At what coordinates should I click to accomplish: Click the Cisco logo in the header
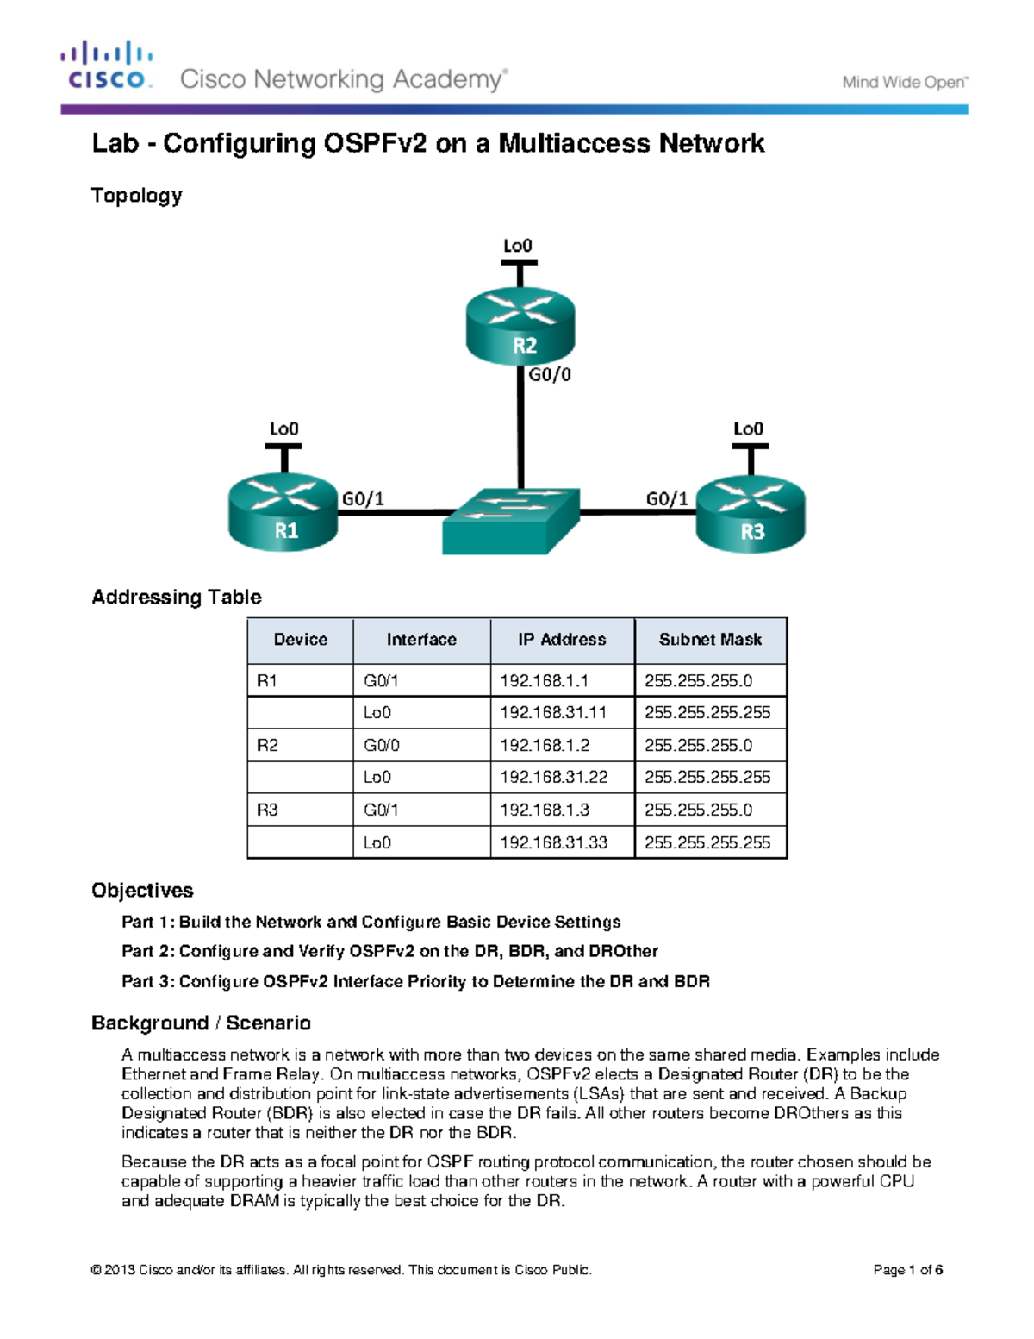pyautogui.click(x=107, y=66)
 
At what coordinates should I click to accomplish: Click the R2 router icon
pyautogui.click(x=520, y=328)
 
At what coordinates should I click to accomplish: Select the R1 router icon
pyautogui.click(x=283, y=512)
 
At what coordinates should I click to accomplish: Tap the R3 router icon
pyautogui.click(x=751, y=514)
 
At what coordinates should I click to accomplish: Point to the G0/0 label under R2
pyautogui.click(x=550, y=375)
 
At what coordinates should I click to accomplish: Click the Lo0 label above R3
pyautogui.click(x=748, y=429)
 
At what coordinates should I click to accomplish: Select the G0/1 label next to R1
pyautogui.click(x=363, y=499)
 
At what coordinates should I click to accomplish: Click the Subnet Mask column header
pyautogui.click(x=710, y=640)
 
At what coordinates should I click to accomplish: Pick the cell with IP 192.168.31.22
pyautogui.click(x=554, y=777)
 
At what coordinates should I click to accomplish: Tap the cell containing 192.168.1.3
pyautogui.click(x=545, y=810)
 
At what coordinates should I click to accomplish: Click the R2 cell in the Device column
pyautogui.click(x=268, y=745)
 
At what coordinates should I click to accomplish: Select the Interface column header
pyautogui.click(x=421, y=640)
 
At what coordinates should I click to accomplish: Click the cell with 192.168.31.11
pyautogui.click(x=553, y=712)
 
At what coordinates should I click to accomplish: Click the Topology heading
pyautogui.click(x=137, y=196)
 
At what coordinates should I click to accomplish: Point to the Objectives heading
pyautogui.click(x=142, y=891)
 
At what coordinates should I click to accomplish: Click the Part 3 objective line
pyautogui.click(x=415, y=981)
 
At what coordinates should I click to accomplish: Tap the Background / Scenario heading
pyautogui.click(x=201, y=1023)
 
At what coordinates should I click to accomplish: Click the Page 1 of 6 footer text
pyautogui.click(x=907, y=1270)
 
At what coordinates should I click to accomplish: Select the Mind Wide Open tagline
pyautogui.click(x=905, y=83)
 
